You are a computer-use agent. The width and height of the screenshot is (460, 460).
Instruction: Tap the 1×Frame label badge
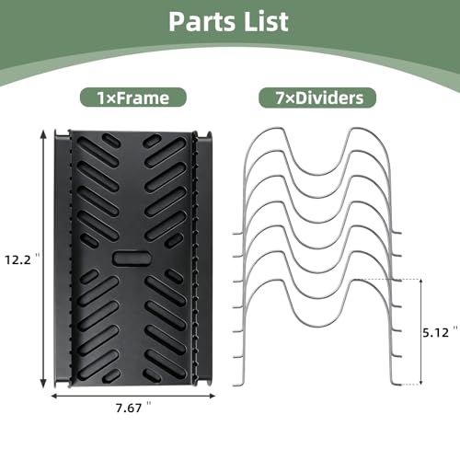(133, 98)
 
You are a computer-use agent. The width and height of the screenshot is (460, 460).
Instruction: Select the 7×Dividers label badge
(317, 98)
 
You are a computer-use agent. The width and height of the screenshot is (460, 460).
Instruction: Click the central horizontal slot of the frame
(132, 259)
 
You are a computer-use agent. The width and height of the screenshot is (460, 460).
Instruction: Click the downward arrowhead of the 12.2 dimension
(43, 384)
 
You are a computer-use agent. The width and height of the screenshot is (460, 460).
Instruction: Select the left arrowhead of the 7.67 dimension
(54, 396)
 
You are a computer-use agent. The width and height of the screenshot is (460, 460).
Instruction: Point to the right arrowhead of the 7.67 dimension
(212, 396)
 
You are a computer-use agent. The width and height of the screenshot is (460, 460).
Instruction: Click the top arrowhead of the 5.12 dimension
(421, 282)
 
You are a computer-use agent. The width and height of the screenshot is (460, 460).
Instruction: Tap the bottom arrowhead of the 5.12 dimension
(421, 382)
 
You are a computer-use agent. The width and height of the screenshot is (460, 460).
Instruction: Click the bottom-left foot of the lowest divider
(237, 385)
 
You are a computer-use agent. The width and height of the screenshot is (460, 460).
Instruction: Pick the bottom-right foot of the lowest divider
(397, 384)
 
